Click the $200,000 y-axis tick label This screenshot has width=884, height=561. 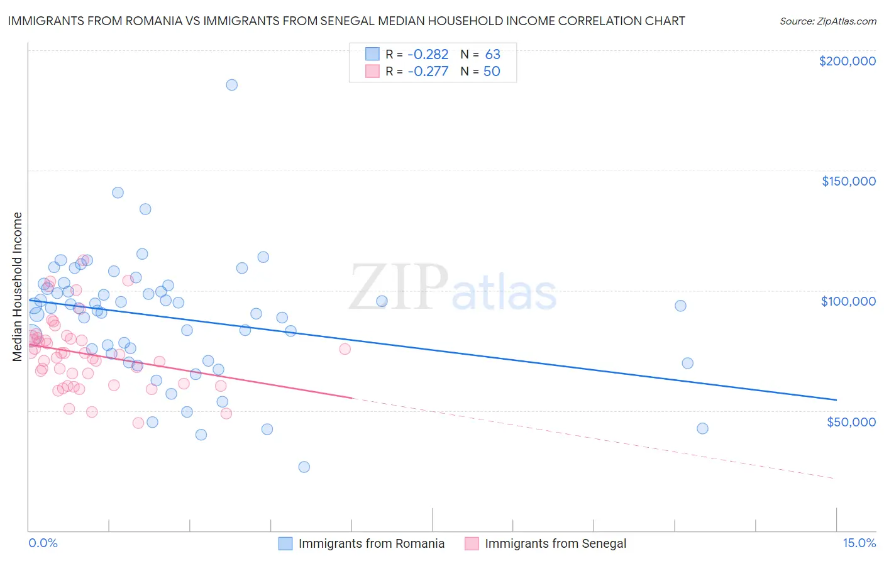click(847, 61)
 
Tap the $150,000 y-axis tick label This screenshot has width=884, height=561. click(848, 181)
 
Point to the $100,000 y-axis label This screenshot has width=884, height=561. click(848, 301)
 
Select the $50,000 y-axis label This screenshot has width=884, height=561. click(851, 421)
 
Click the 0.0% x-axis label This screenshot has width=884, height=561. click(43, 543)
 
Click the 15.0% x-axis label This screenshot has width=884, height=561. click(859, 543)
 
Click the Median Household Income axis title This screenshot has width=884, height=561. click(17, 287)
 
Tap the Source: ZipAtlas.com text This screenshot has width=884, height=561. click(827, 21)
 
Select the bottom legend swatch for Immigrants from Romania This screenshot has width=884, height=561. click(285, 543)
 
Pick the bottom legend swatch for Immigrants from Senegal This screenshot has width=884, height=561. click(472, 543)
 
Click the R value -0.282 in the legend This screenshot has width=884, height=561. click(428, 55)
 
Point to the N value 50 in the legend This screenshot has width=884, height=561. click(492, 72)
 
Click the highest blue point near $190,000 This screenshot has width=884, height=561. click(231, 85)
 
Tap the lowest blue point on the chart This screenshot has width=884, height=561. click(304, 467)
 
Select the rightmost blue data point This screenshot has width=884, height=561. click(702, 428)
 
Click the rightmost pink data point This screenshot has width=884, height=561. click(345, 349)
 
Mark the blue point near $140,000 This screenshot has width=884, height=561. click(118, 193)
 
